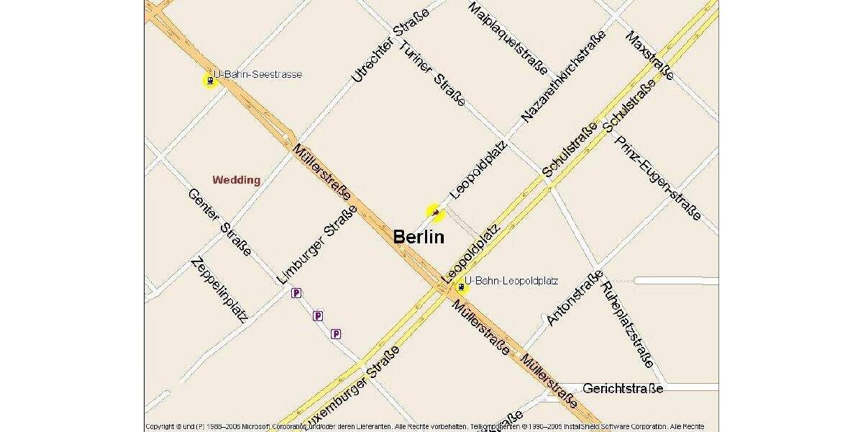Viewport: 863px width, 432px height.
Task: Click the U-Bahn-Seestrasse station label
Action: coord(257,75)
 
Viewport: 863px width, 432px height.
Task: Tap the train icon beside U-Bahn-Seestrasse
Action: coord(209,81)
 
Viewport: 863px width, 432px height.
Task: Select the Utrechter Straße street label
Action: coord(391,46)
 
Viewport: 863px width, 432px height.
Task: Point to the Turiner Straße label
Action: coord(432,73)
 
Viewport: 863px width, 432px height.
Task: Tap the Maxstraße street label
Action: coord(650,55)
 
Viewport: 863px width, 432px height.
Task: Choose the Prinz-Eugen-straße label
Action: coord(657,177)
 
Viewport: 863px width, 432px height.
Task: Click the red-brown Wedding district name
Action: coord(236,180)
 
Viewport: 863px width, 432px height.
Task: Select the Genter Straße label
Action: coord(219,222)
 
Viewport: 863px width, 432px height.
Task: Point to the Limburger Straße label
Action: coord(316,244)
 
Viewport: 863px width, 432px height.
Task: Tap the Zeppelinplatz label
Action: coord(219,289)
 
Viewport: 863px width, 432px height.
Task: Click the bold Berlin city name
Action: coord(419,236)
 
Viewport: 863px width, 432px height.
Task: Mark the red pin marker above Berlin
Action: coord(435,212)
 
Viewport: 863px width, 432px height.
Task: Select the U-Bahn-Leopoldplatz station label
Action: coord(511,281)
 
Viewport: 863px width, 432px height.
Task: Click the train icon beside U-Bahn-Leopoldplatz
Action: coord(460,288)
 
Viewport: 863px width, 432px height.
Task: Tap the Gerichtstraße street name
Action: coord(623,389)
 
